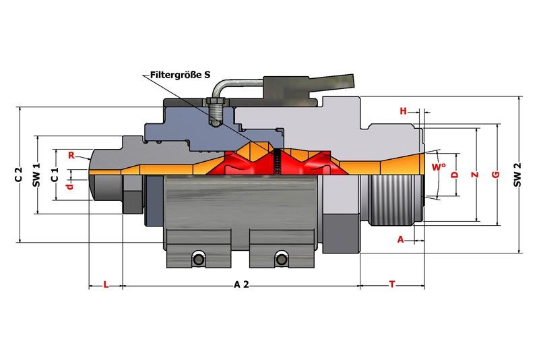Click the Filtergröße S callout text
[180, 75]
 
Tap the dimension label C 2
[19, 175]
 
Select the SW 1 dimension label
[36, 175]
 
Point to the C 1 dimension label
[55, 175]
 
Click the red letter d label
[70, 186]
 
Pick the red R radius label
[71, 156]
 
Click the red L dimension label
[106, 284]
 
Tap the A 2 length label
[241, 284]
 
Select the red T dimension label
[392, 284]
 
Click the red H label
[403, 111]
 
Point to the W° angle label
[439, 167]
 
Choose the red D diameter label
[455, 175]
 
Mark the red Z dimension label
[475, 175]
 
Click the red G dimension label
[496, 175]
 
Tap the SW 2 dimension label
[517, 175]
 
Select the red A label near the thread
[400, 239]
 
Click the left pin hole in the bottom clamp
[198, 260]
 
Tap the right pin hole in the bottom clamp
[282, 260]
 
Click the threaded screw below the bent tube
[216, 112]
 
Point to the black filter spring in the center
[276, 161]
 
